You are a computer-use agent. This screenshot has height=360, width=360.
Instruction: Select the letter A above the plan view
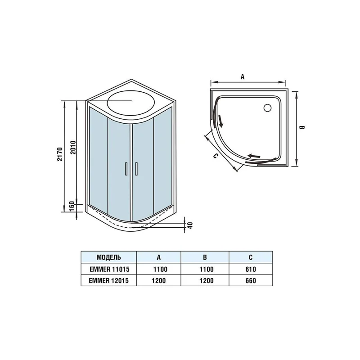(x=242, y=77)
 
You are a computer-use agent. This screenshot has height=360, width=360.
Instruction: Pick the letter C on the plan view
(x=216, y=156)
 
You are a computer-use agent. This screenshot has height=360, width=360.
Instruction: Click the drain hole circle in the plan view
(x=267, y=108)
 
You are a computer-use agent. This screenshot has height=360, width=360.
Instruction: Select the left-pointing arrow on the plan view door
(x=254, y=156)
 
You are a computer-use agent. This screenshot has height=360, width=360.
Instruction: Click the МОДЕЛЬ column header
(x=108, y=258)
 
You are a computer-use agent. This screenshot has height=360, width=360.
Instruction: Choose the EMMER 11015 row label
(x=108, y=269)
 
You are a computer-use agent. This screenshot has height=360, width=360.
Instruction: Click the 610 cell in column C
(x=251, y=269)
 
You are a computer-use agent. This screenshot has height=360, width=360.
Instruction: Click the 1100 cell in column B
(x=205, y=269)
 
